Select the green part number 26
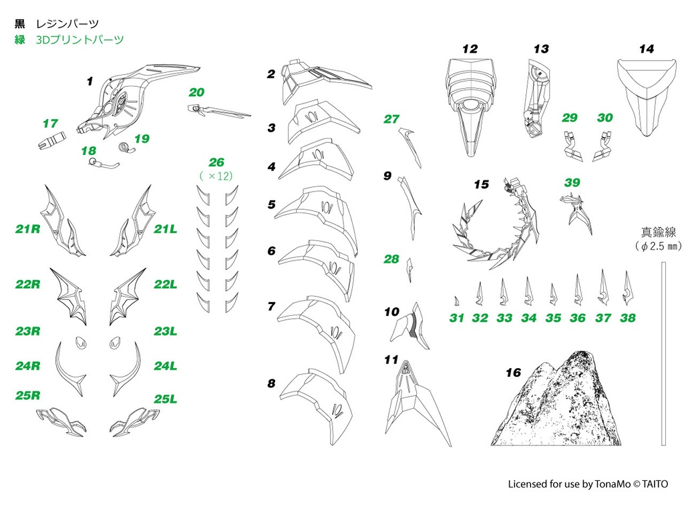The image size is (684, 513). pyautogui.click(x=216, y=162)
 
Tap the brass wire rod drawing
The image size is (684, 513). pyautogui.click(x=663, y=354)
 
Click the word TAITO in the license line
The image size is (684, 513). pyautogui.click(x=655, y=484)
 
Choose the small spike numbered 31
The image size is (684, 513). pyautogui.click(x=456, y=301)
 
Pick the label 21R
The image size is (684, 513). pyautogui.click(x=28, y=229)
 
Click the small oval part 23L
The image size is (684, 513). pyautogui.click(x=115, y=343)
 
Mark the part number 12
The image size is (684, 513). pyautogui.click(x=470, y=49)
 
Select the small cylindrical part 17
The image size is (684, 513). pyautogui.click(x=52, y=140)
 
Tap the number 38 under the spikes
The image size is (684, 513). pyautogui.click(x=628, y=318)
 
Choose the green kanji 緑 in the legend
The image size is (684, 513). pyautogui.click(x=19, y=39)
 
